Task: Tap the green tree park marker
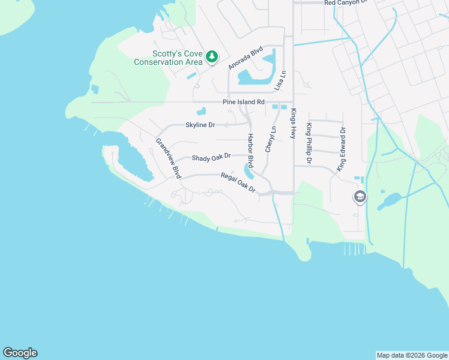[211, 57]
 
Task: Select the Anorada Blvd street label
[246, 58]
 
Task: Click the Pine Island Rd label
[243, 102]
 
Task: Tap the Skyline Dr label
[200, 125]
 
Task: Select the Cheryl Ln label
[271, 139]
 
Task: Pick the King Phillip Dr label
[309, 144]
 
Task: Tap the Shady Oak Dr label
[211, 157]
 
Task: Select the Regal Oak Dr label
[238, 182]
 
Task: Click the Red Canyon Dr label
[345, 3]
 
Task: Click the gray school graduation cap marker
[360, 196]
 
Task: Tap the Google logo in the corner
[20, 353]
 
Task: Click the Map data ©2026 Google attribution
[412, 355]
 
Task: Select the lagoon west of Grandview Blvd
[133, 161]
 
